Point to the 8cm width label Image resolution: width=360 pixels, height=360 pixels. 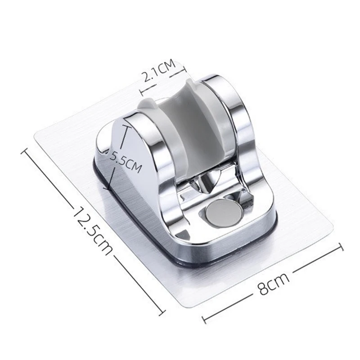(x=274, y=283)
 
